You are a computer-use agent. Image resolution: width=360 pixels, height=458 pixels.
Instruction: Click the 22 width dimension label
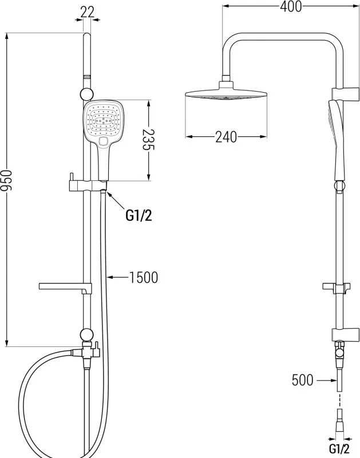pyautogui.click(x=88, y=11)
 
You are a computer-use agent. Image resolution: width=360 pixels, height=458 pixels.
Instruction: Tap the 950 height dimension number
pyautogui.click(x=6, y=180)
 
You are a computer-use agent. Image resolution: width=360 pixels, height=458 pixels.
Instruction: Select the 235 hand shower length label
pyautogui.click(x=148, y=139)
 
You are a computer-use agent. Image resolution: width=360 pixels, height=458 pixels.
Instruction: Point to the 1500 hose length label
pyautogui.click(x=144, y=277)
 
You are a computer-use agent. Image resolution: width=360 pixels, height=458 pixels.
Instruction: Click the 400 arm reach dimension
pyautogui.click(x=291, y=6)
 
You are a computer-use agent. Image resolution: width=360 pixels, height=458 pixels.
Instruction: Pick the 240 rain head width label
pyautogui.click(x=226, y=137)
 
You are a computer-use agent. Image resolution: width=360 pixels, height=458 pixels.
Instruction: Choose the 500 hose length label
pyautogui.click(x=303, y=380)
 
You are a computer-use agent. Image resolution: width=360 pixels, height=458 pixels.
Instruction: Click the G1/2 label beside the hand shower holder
pyautogui.click(x=139, y=216)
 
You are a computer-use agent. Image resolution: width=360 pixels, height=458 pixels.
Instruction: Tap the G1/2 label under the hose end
pyautogui.click(x=339, y=448)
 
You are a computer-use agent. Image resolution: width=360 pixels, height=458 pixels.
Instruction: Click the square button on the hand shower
pyautogui.click(x=103, y=141)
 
